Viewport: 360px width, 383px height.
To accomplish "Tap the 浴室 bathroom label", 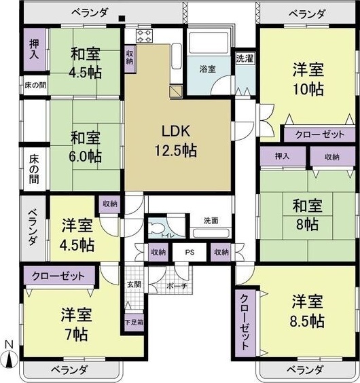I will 207,69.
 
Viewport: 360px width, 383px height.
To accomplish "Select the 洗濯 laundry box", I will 244,58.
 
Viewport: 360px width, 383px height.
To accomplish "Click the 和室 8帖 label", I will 308,214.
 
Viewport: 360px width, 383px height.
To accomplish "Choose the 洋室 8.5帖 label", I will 307,310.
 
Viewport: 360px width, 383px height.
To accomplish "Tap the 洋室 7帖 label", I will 75,325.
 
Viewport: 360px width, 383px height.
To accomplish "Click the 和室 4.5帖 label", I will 88,61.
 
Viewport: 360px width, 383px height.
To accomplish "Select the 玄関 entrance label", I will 133,285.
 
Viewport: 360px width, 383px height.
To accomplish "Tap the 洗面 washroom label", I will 211,221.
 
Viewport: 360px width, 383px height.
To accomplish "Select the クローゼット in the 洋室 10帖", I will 315,134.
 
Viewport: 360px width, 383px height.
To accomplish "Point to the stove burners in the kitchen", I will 144,35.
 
